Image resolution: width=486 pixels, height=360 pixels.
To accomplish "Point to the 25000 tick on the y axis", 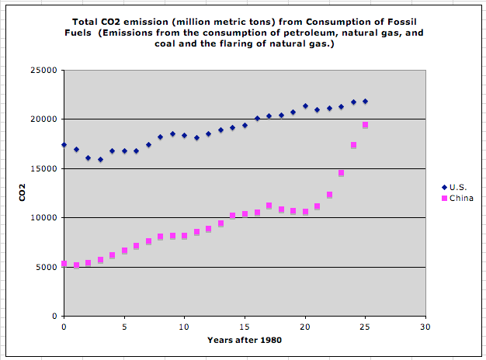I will (47, 70).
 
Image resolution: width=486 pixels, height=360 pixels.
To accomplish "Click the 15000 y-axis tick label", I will (47, 168).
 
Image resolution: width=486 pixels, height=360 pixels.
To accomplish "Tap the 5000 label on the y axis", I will (49, 267).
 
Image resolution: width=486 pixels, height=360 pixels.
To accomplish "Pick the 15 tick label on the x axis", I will (245, 327).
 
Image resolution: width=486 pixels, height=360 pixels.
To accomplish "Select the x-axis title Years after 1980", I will (244, 340).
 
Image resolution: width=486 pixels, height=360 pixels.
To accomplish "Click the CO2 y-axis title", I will (23, 192).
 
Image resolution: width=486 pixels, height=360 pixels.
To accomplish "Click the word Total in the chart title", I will (87, 22).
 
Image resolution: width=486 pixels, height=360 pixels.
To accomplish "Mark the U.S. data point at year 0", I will (64, 145).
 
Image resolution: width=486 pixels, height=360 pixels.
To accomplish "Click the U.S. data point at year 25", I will (365, 102).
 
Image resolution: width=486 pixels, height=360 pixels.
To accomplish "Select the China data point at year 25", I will (365, 125).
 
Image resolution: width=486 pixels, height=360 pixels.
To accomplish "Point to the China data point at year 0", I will (64, 264).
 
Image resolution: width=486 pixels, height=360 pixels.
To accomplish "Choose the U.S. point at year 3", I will (100, 160).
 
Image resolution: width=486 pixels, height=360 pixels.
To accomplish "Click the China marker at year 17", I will (269, 206).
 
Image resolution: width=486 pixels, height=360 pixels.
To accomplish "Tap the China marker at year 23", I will (341, 173).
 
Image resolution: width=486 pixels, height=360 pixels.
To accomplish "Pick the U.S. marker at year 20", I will (305, 106).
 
